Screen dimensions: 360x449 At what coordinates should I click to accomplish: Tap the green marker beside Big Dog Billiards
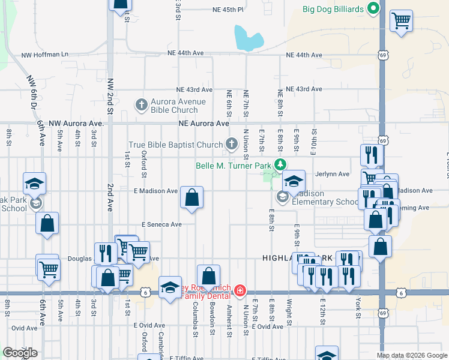pos(373,8)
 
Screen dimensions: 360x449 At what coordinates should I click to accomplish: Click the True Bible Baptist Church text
pos(176,145)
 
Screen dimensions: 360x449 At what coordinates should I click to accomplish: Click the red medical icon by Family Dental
pos(240,291)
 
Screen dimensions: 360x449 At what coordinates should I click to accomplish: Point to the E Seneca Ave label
pos(161,224)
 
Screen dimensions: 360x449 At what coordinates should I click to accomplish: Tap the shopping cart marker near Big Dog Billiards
pos(401,21)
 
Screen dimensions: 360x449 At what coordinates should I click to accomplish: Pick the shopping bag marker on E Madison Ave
pos(191,197)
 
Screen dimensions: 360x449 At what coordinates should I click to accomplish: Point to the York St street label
pos(358,307)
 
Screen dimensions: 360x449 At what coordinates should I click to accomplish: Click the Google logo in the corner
pos(20,353)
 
